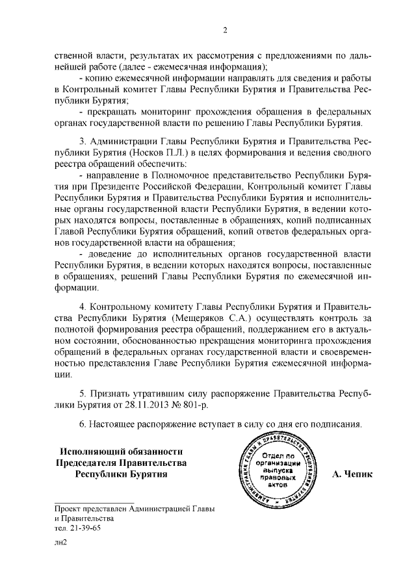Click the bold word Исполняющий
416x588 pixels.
tap(91, 451)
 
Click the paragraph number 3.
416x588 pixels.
tap(82, 141)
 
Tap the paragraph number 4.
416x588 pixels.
tap(82, 307)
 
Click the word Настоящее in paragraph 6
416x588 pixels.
tap(118, 424)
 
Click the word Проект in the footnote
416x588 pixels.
tap(69, 507)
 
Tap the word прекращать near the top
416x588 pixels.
tap(119, 112)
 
